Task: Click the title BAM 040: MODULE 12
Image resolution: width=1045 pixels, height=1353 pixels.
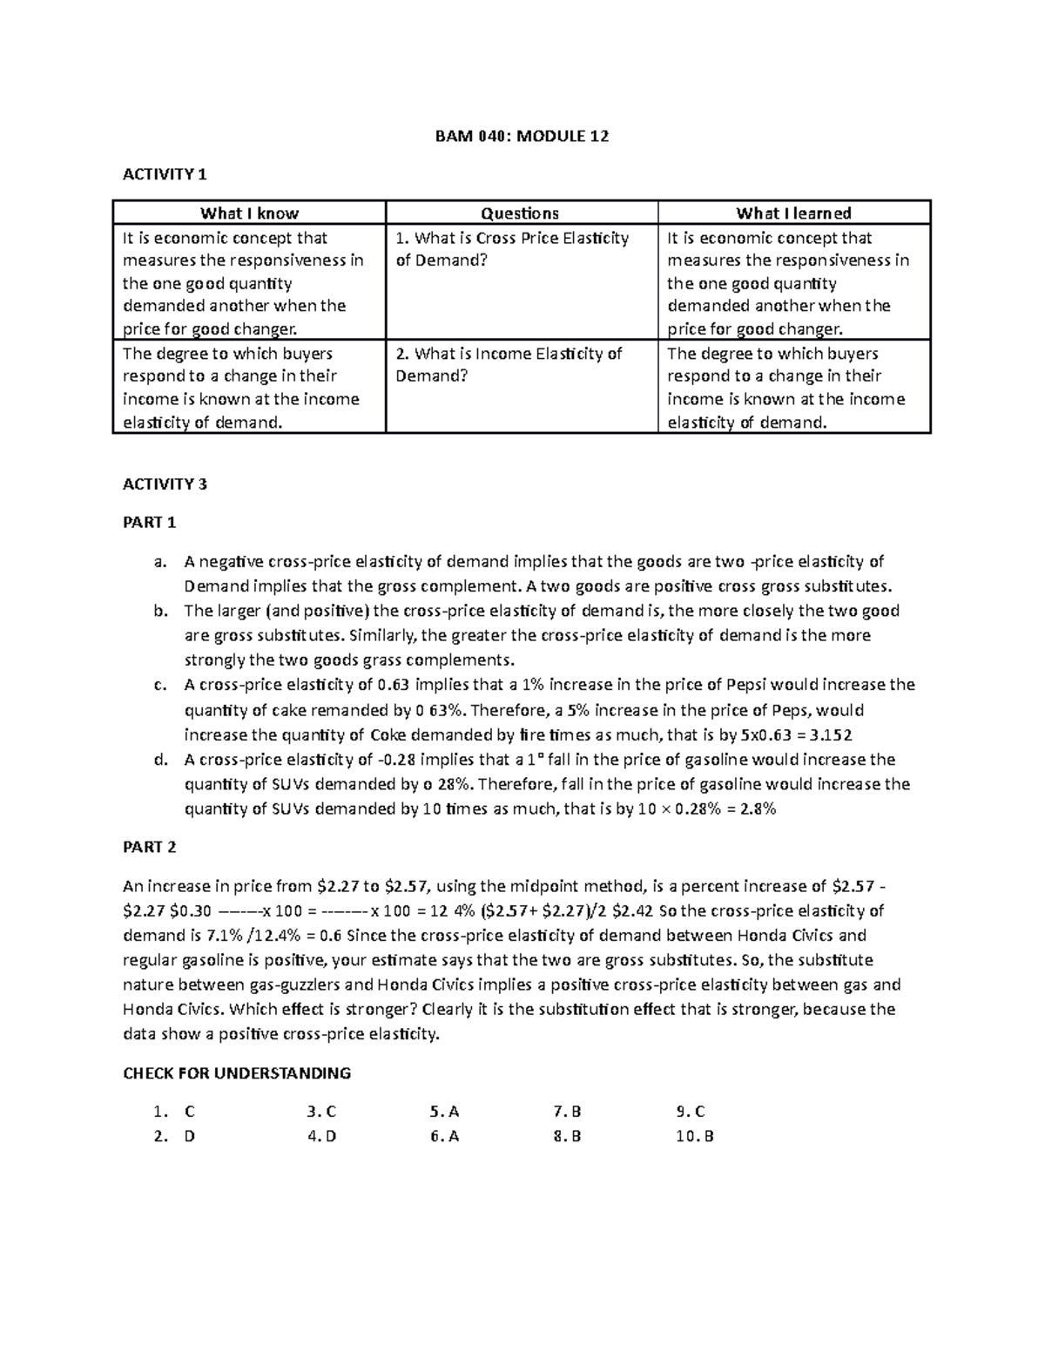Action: (522, 136)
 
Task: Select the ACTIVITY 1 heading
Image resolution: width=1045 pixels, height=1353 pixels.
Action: (165, 174)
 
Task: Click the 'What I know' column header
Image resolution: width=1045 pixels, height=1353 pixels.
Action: (249, 213)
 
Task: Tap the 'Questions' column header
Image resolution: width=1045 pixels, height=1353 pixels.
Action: (521, 213)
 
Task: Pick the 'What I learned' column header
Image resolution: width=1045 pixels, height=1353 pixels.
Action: (793, 213)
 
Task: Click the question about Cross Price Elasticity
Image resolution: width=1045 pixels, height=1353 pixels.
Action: (512, 249)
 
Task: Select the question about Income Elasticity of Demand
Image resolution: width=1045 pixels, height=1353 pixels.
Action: (509, 365)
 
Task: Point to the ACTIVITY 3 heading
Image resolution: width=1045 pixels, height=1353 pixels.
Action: (165, 484)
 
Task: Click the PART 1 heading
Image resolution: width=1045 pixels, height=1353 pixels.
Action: (150, 523)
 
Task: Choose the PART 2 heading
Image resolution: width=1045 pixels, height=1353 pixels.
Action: (150, 847)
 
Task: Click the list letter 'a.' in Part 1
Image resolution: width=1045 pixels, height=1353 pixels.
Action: (159, 562)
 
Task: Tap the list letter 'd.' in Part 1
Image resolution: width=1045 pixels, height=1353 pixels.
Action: (159, 760)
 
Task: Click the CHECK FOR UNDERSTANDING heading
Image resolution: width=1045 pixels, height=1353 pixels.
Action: (237, 1073)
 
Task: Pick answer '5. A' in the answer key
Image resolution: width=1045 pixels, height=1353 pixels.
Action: (444, 1112)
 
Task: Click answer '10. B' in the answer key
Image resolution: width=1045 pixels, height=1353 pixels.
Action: (694, 1136)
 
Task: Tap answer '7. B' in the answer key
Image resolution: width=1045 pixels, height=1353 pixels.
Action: (567, 1112)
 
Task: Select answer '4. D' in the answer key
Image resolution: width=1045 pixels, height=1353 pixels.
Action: (321, 1136)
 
